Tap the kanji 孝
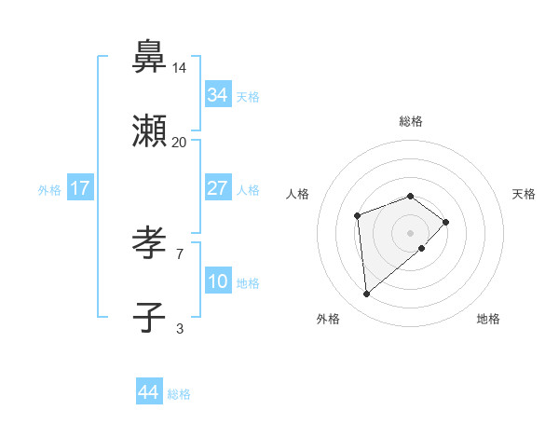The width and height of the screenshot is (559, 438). point(149,243)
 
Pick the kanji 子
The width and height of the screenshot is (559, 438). point(149,317)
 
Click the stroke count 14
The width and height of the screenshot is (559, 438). point(180,68)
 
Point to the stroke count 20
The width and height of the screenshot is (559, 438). point(180,143)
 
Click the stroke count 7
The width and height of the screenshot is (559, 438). point(180,253)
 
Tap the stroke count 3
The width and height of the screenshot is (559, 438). point(180,328)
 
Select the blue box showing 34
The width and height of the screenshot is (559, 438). point(217,95)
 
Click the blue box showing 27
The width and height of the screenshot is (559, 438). point(217,188)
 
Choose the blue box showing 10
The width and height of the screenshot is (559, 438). point(217,281)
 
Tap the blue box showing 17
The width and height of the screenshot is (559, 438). point(80,188)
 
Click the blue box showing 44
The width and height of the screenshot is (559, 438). point(148,392)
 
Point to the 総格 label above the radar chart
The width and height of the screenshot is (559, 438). point(411,121)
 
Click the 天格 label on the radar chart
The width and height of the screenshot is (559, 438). point(524,194)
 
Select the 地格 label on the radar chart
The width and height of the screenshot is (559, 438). point(488,319)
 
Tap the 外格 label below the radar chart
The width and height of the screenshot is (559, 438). point(327,319)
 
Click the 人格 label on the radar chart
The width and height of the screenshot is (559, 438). point(298,194)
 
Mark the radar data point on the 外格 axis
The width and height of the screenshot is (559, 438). point(367,294)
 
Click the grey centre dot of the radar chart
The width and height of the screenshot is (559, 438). point(411,232)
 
